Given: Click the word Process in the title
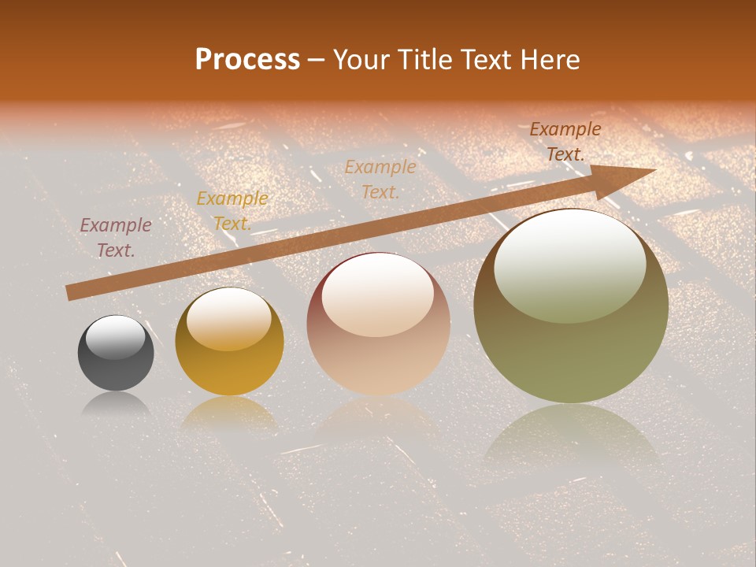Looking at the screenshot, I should (x=247, y=60).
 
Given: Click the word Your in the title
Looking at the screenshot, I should (x=361, y=60).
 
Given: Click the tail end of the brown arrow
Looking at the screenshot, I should (x=71, y=292).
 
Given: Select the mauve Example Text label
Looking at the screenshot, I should (x=116, y=237).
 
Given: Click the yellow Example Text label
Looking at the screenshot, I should (x=232, y=210).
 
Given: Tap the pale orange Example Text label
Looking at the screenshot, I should (x=380, y=179).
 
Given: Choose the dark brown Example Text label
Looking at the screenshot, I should (x=565, y=142).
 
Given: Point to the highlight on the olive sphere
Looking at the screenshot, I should (x=570, y=264).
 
